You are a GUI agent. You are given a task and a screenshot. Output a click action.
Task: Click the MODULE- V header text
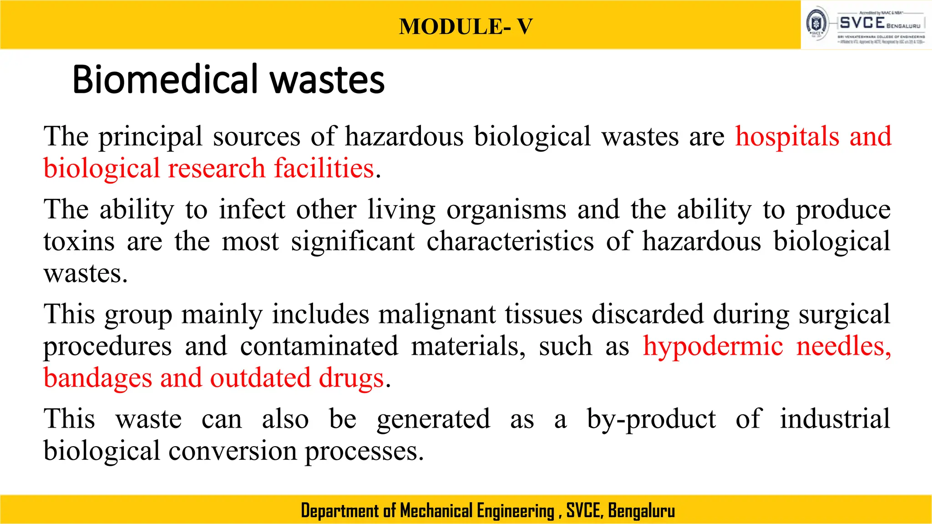466,26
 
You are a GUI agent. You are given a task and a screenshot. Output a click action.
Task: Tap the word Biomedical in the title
167,80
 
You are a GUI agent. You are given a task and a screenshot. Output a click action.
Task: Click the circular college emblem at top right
817,24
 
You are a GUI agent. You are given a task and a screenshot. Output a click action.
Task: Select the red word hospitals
787,136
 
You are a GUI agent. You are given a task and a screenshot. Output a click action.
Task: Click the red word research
217,168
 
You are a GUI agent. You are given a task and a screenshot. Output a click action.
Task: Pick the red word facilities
324,168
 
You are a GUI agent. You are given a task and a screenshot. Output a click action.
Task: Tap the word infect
252,210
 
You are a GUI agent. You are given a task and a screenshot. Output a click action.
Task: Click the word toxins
79,242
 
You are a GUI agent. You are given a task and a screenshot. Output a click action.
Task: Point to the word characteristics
510,241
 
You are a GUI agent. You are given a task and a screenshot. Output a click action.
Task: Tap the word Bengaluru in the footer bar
641,511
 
